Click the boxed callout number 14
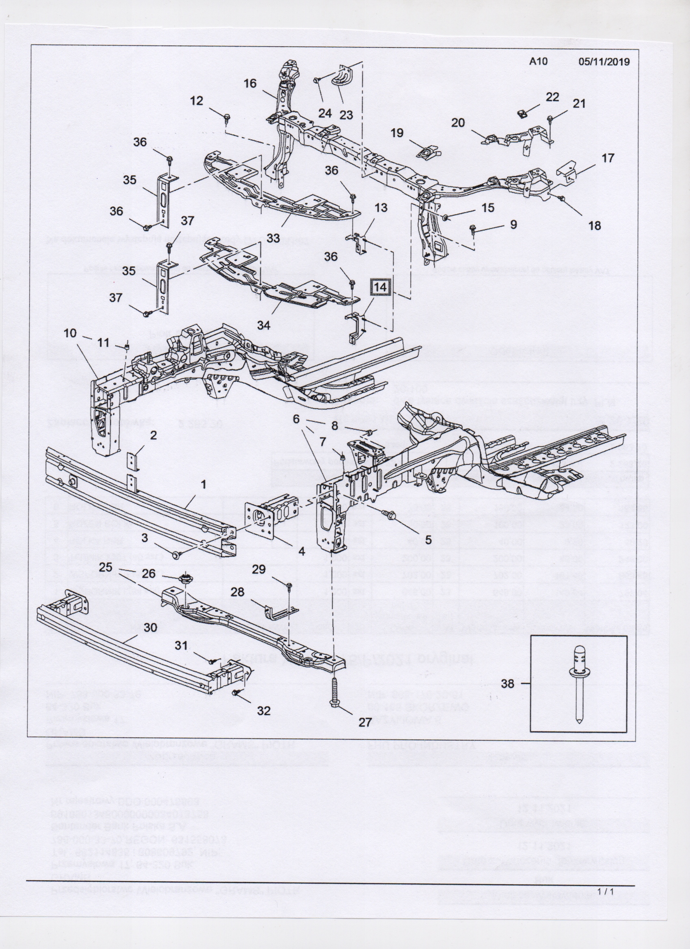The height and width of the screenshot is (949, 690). tap(380, 288)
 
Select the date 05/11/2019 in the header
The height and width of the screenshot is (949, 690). tap(604, 62)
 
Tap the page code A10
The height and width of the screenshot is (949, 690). tap(538, 62)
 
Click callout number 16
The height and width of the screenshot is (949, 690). tap(250, 83)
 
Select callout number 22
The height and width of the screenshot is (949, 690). tap(552, 97)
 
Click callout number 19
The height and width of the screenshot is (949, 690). tap(397, 133)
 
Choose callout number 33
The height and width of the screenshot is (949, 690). tap(274, 238)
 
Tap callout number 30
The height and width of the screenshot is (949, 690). tap(150, 627)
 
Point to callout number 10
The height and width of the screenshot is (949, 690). tap(70, 333)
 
